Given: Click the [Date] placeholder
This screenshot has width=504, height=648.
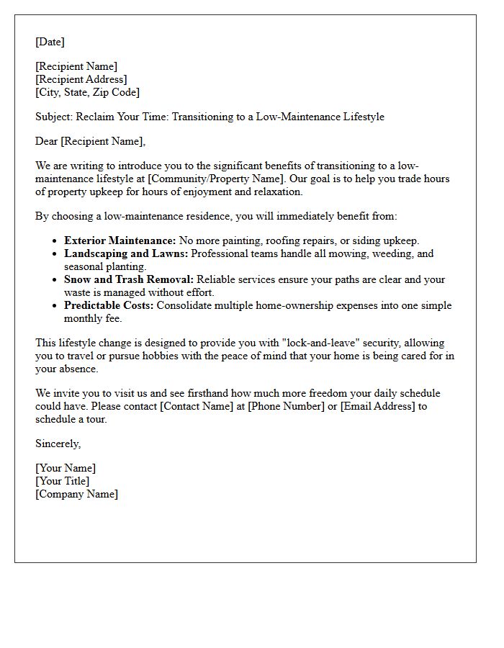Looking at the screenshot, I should pyautogui.click(x=50, y=42).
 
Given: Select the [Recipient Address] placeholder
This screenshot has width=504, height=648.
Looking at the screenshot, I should pyautogui.click(x=81, y=79).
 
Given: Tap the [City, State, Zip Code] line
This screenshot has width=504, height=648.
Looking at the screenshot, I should pyautogui.click(x=87, y=92).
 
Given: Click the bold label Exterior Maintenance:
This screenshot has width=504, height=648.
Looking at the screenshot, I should pyautogui.click(x=120, y=240).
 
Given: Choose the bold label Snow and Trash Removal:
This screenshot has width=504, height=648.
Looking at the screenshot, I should pyautogui.click(x=129, y=279).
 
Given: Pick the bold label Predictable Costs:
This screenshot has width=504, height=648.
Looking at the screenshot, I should pyautogui.click(x=109, y=305).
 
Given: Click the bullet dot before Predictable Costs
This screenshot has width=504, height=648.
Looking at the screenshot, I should pyautogui.click(x=55, y=306).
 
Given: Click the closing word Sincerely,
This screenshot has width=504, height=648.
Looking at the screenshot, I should pyautogui.click(x=58, y=444).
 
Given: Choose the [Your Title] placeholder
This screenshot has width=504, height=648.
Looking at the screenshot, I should pyautogui.click(x=63, y=481).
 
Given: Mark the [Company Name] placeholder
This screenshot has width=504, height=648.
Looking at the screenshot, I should pyautogui.click(x=76, y=494).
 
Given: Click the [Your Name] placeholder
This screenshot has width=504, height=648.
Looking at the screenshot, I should pyautogui.click(x=66, y=468).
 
